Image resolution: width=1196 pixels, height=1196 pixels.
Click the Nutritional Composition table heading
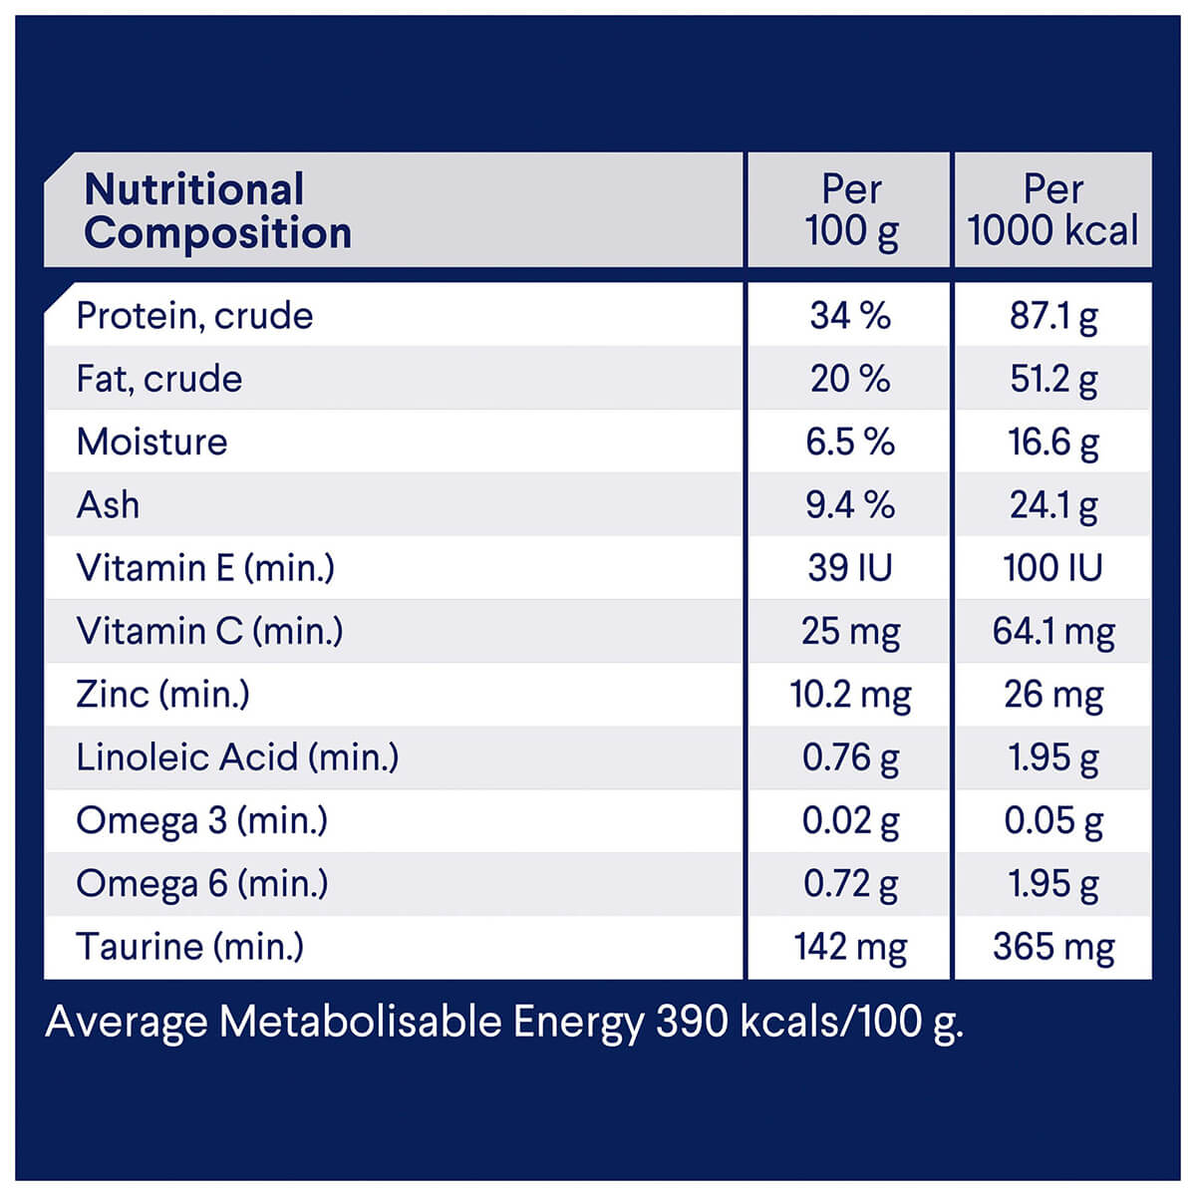coord(217,210)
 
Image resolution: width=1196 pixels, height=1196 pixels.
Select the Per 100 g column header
coord(851,210)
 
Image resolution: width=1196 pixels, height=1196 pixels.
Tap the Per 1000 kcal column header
coord(1052,210)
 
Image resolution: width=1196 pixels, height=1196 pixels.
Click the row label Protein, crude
coord(194,316)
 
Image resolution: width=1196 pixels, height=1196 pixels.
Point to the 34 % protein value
coord(850,316)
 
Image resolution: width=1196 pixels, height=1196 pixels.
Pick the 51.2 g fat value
coord(1053,379)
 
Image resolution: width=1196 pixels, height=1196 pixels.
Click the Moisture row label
coord(151,442)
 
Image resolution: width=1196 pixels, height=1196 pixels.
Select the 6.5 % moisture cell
coord(850,442)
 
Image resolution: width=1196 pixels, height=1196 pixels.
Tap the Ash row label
coord(108,505)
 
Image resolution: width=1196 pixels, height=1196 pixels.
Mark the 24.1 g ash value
coord(1053,505)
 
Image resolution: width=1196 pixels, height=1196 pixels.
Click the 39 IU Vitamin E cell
coord(850,568)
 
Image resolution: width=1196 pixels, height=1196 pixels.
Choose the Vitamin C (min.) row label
coord(209,631)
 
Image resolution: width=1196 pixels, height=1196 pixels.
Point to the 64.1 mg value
coord(1053,631)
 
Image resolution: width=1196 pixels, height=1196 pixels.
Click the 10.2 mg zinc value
coord(850,695)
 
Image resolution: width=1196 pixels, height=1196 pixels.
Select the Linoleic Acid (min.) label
coord(237,757)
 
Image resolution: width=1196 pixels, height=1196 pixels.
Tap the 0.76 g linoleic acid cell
coord(850,757)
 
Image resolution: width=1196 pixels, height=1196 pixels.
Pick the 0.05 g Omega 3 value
coord(1053,820)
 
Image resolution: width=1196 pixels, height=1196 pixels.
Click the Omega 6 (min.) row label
coord(201,883)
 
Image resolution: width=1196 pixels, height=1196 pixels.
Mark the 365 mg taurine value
coord(1053,947)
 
